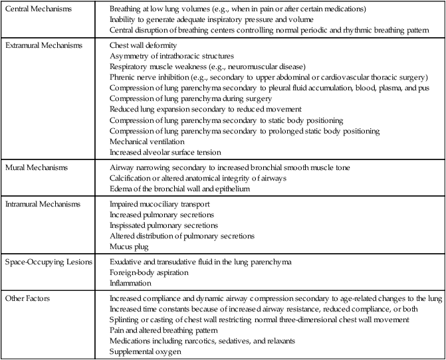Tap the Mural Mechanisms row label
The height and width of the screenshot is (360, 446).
pos(34,166)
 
